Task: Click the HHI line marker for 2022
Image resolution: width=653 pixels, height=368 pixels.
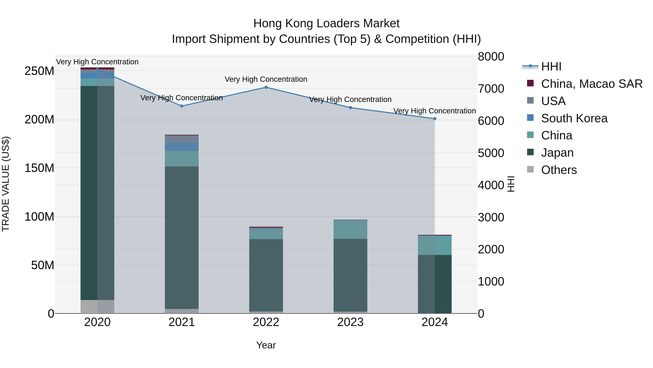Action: tap(266, 87)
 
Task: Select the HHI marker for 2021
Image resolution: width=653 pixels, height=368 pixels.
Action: tap(182, 106)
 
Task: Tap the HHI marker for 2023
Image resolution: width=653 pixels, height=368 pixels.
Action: tap(350, 108)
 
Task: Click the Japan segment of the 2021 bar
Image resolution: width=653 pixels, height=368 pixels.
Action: tap(182, 238)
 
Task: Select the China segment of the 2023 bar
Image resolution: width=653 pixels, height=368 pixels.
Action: tap(350, 229)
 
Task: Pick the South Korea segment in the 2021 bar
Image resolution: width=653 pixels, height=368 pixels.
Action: tap(182, 147)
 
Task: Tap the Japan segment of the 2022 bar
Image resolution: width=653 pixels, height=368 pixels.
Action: tap(266, 275)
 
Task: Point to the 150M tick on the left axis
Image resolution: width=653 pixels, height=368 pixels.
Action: tap(39, 168)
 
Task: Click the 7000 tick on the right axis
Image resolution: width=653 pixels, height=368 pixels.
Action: tap(491, 89)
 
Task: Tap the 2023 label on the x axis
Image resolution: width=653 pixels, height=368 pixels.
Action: tap(350, 322)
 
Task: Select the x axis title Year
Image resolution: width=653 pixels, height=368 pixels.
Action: tap(266, 345)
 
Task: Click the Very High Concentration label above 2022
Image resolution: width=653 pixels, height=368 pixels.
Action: tap(266, 79)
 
